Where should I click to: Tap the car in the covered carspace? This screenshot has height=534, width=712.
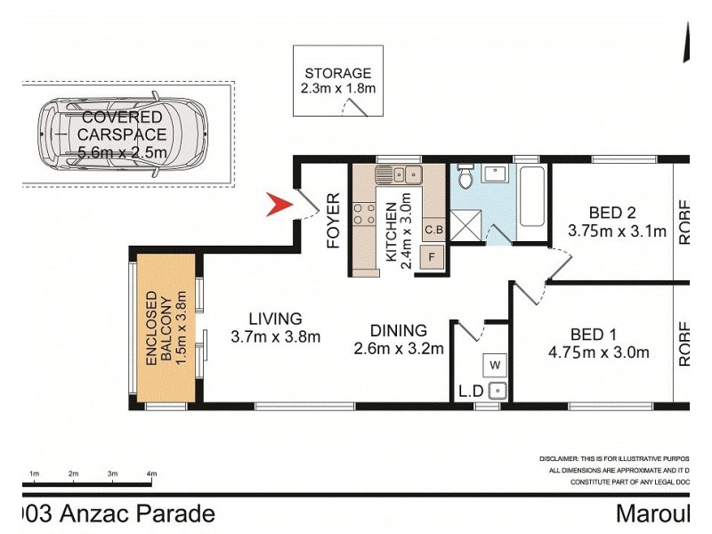point(122,135)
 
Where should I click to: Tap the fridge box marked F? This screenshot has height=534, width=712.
point(433,257)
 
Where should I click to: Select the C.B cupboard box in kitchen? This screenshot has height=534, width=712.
point(433,230)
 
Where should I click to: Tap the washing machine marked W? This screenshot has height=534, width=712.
point(495,364)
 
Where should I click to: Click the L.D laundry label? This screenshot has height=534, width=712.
point(470,391)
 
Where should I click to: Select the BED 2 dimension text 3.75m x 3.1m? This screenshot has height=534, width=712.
point(617,231)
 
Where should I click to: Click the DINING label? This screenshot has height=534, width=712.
point(400,330)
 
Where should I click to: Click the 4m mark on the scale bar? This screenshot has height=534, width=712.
point(151,473)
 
